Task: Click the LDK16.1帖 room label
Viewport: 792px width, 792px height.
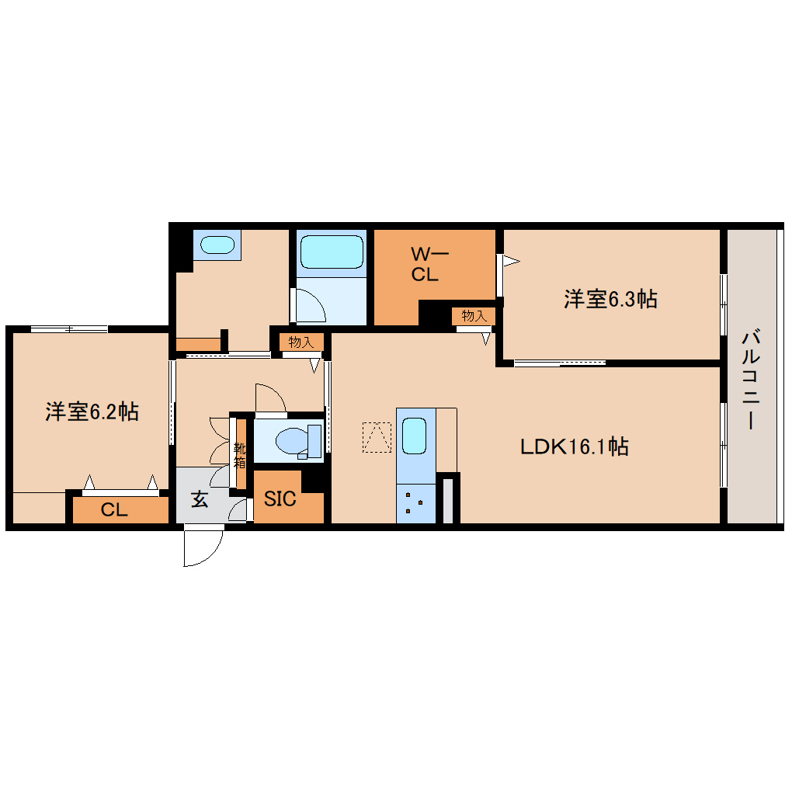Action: click(575, 446)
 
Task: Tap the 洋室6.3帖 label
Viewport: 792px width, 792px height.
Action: click(610, 299)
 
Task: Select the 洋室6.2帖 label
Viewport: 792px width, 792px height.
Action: click(92, 412)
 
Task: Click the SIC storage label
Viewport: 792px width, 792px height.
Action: click(280, 499)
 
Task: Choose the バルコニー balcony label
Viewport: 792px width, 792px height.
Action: click(751, 379)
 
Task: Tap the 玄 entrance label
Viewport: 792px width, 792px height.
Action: click(200, 499)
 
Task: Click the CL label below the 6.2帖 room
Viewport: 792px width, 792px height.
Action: click(114, 509)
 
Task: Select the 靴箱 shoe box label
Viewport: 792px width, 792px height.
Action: click(239, 455)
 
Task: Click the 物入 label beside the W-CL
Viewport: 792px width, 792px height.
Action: click(474, 316)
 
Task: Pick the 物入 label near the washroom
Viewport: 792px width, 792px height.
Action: click(301, 342)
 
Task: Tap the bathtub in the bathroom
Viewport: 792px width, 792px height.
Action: click(332, 252)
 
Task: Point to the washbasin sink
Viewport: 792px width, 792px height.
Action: click(217, 245)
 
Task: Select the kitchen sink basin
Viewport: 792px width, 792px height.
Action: click(415, 436)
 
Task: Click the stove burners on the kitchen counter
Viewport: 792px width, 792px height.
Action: click(415, 504)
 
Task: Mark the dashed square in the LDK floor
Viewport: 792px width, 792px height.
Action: click(377, 437)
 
